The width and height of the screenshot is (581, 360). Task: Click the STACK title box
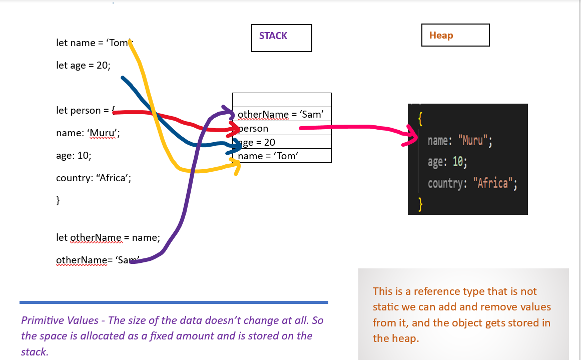(282, 38)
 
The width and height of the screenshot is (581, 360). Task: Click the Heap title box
(455, 35)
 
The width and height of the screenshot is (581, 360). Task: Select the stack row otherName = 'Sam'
(282, 114)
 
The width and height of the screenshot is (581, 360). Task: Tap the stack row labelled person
(282, 128)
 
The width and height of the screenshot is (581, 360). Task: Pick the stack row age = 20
(282, 142)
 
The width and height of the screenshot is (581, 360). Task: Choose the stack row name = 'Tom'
(282, 156)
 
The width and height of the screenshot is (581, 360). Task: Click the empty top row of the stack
(282, 100)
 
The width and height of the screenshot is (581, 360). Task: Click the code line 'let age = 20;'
(84, 65)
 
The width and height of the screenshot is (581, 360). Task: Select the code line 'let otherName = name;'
(108, 237)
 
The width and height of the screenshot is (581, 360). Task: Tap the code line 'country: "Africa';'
(94, 178)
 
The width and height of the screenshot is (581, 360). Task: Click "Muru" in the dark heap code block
(470, 141)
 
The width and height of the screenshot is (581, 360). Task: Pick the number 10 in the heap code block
(457, 162)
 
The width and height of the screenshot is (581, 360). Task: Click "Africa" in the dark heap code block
(493, 183)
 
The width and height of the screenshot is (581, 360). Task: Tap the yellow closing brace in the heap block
(420, 204)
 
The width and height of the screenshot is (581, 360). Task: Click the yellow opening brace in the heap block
(420, 119)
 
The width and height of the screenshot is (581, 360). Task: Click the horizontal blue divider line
(174, 302)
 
